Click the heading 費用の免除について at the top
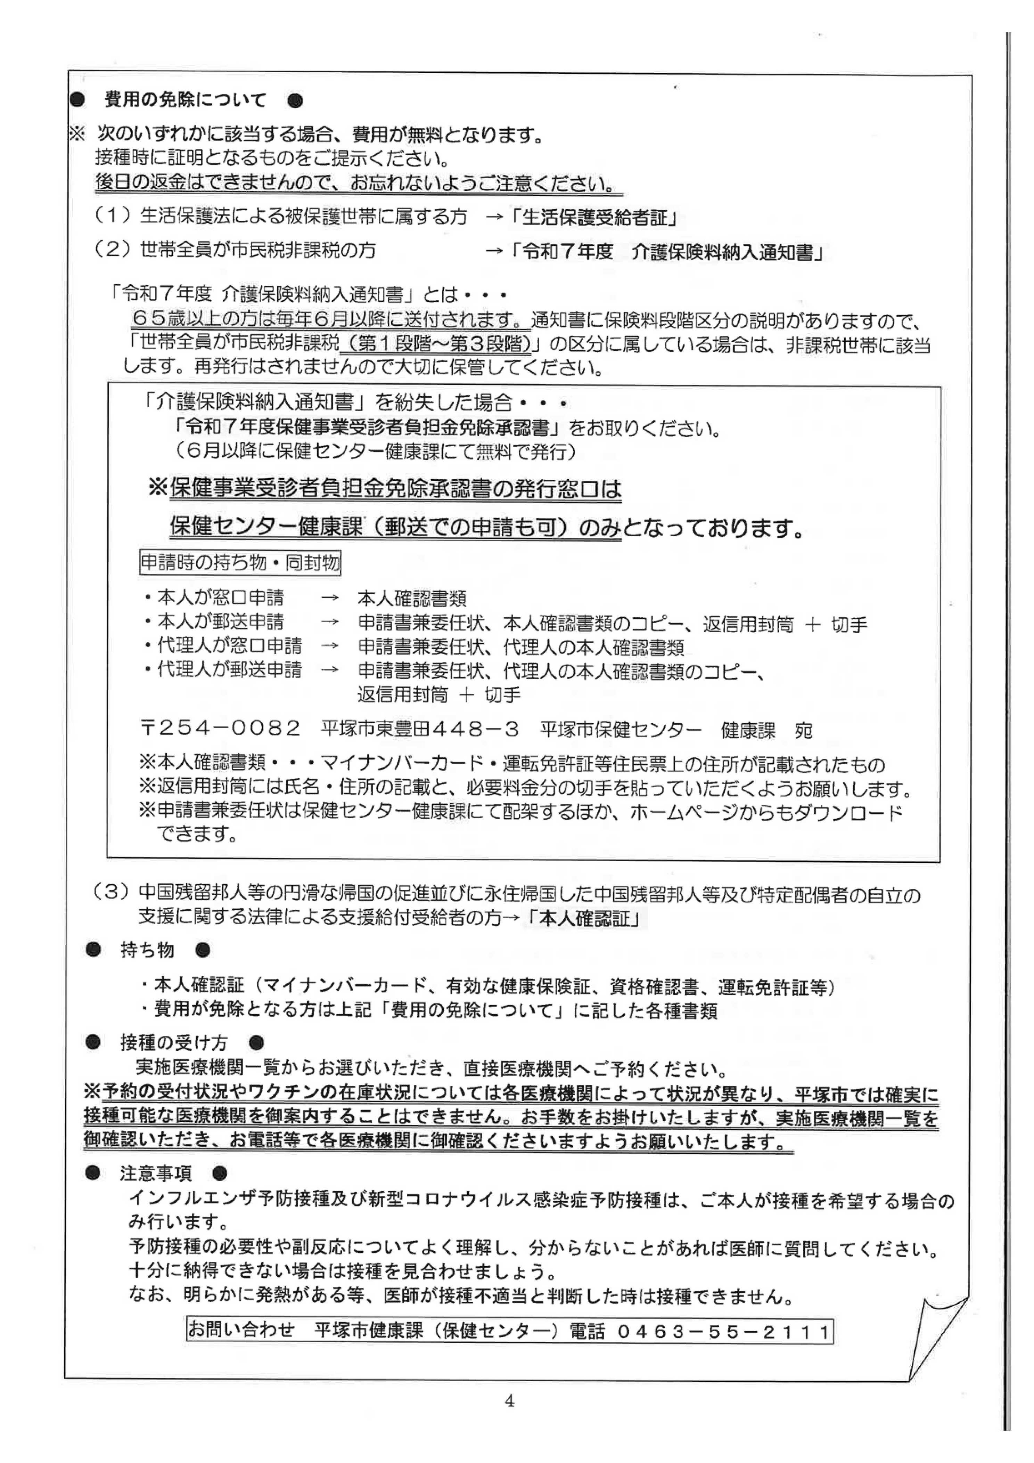[185, 100]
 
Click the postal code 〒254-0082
[220, 728]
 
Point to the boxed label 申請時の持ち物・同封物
[239, 563]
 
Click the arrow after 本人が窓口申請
[329, 598]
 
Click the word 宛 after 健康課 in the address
[803, 730]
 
